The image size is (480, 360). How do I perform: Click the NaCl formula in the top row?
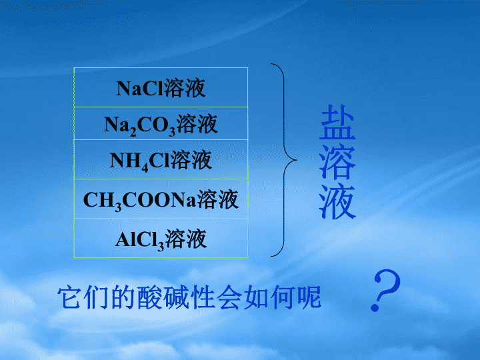pyautogui.click(x=140, y=89)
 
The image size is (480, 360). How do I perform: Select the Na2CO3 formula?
pyautogui.click(x=139, y=125)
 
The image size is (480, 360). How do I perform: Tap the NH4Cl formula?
pyautogui.click(x=139, y=161)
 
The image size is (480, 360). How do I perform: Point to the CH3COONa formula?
pyautogui.click(x=139, y=201)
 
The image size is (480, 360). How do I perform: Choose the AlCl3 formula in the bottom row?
pyautogui.click(x=139, y=240)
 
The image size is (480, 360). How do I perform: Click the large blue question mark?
pyautogui.click(x=386, y=290)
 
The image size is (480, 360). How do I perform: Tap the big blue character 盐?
pyautogui.click(x=337, y=122)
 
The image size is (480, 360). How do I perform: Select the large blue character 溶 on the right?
pyautogui.click(x=337, y=161)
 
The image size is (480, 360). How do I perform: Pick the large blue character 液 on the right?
pyautogui.click(x=337, y=201)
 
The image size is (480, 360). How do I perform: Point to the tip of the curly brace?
pyautogui.click(x=297, y=160)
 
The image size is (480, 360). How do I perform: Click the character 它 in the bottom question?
pyautogui.click(x=70, y=297)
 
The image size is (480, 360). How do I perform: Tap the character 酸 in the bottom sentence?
pyautogui.click(x=149, y=297)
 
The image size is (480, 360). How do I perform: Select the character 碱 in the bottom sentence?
pyautogui.click(x=176, y=297)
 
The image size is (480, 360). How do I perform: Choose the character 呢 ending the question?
pyautogui.click(x=309, y=297)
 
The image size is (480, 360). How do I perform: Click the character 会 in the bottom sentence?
pyautogui.click(x=229, y=297)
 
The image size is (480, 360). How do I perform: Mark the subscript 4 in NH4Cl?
pyautogui.click(x=145, y=167)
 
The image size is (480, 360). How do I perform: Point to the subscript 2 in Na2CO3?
pyautogui.click(x=133, y=131)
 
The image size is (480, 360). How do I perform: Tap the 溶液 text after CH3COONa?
pyautogui.click(x=217, y=199)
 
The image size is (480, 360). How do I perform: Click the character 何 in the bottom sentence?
pyautogui.click(x=283, y=297)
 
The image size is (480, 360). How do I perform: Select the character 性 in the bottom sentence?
pyautogui.click(x=203, y=297)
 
